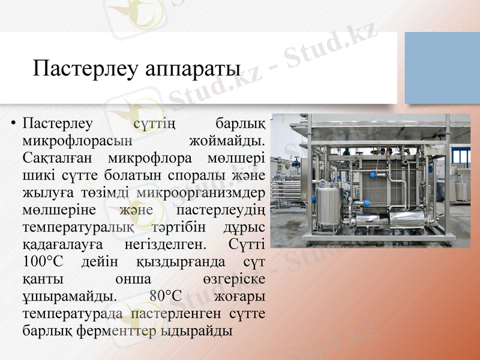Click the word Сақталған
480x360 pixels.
(x=58, y=159)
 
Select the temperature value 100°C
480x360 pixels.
(x=43, y=262)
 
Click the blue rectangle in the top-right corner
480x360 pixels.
(x=442, y=68)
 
